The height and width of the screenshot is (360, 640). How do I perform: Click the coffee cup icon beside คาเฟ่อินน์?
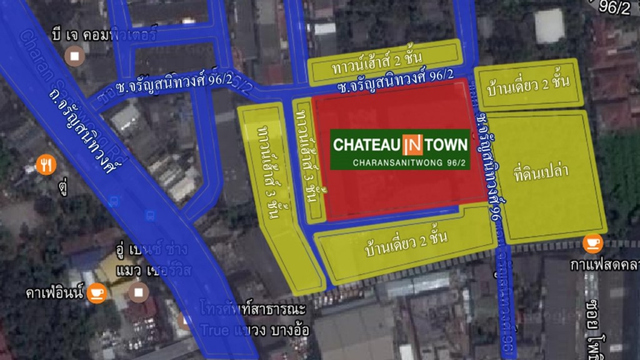(96, 292)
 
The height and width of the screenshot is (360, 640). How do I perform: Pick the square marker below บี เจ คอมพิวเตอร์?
(76, 56)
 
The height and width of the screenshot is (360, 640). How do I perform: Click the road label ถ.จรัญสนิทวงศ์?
(81, 132)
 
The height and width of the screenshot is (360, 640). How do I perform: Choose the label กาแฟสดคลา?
(604, 265)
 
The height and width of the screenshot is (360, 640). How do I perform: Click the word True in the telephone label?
(215, 330)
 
